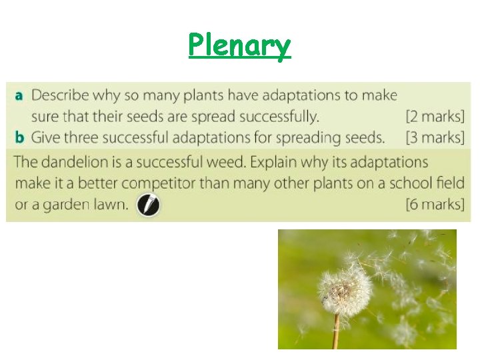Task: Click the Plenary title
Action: pyautogui.click(x=239, y=47)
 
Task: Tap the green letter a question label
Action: pyautogui.click(x=19, y=95)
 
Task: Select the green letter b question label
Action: pyautogui.click(x=19, y=137)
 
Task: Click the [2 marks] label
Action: pyautogui.click(x=435, y=117)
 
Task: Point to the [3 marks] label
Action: pyautogui.click(x=435, y=138)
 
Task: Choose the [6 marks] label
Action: pyautogui.click(x=435, y=204)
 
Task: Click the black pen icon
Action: pyautogui.click(x=148, y=205)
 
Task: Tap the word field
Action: pyautogui.click(x=450, y=183)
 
